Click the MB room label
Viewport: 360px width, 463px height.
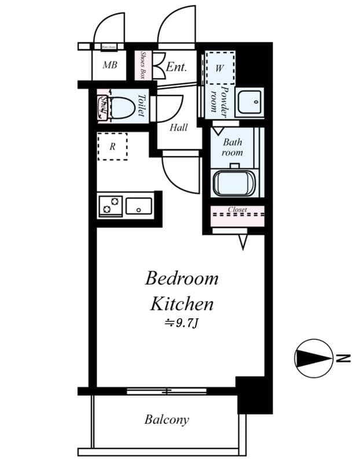point(109,65)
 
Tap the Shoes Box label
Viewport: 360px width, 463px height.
point(143,65)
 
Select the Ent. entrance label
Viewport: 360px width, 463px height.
point(177,67)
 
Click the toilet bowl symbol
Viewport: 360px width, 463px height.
point(122,106)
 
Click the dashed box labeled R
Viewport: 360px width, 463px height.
point(112,146)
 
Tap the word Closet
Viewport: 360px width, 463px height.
point(237,210)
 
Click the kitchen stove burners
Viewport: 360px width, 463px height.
point(110,205)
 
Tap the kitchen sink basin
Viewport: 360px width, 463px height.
point(139,205)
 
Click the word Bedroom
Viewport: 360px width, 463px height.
point(182,278)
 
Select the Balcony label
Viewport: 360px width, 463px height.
point(167,420)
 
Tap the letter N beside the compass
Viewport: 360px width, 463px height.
point(344,358)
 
